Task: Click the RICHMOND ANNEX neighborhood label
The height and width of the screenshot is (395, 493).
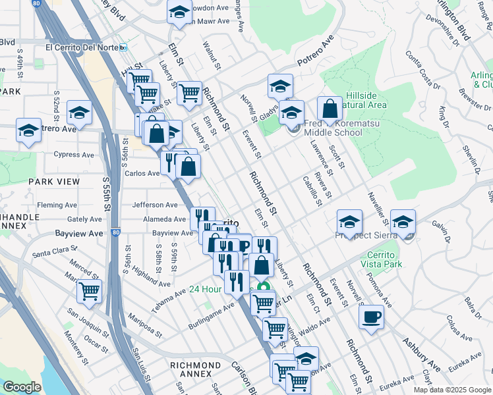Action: [x=195, y=365]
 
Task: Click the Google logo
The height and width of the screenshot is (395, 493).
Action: [x=22, y=387]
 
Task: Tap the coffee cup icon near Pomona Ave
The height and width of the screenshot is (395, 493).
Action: [x=371, y=317]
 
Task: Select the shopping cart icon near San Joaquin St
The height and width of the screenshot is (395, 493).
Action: [x=89, y=290]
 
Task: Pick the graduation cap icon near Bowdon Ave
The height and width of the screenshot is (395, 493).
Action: [x=179, y=13]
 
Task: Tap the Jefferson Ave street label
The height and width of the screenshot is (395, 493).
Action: [x=155, y=205]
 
